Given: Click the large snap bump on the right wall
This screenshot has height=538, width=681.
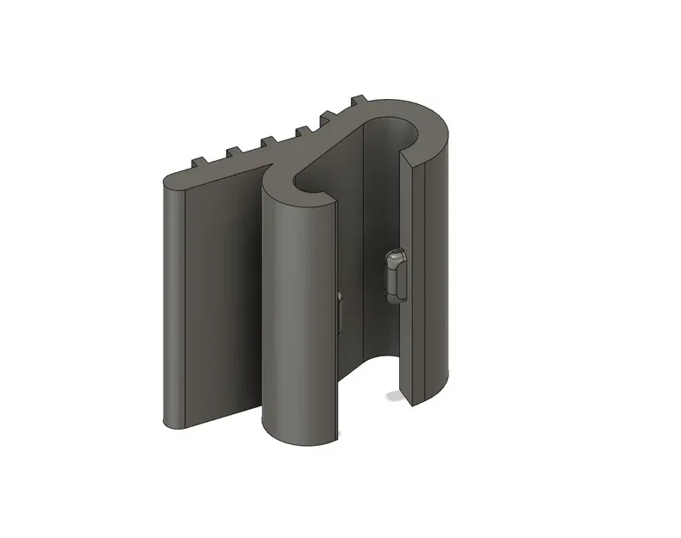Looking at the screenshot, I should coord(396,275).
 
